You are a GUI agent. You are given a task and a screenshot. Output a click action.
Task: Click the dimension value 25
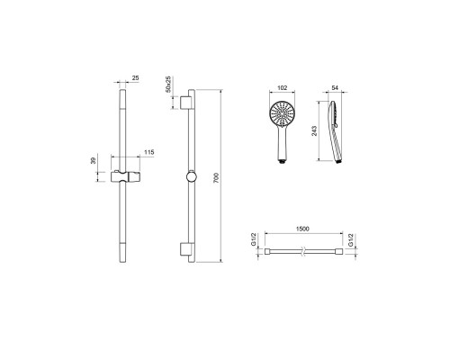[136, 78]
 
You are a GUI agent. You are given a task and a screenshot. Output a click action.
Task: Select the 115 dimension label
[149, 152]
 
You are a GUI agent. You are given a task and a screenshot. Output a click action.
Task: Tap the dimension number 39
[93, 160]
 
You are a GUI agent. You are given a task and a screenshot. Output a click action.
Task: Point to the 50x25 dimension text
[169, 84]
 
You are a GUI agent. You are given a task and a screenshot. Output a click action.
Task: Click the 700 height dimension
[217, 178]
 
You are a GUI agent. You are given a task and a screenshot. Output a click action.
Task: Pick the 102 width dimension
[283, 88]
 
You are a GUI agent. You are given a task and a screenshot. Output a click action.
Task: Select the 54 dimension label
[335, 88]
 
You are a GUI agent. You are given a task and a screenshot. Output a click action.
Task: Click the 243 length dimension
[314, 130]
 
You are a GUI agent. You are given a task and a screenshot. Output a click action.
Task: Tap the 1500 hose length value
[302, 229]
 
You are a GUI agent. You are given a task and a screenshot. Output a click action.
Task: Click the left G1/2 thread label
[254, 240]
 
